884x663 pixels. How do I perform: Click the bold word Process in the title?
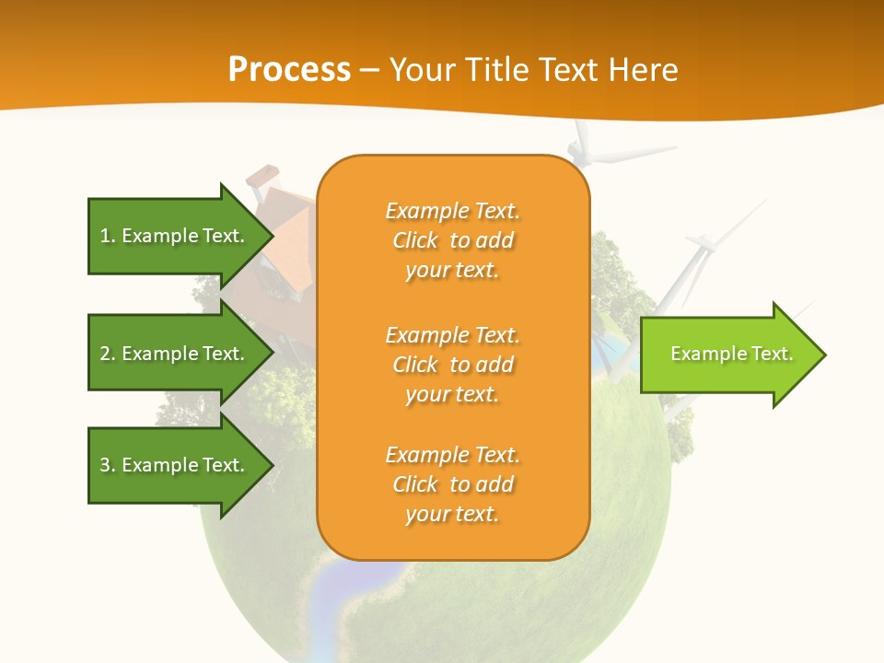click(x=289, y=70)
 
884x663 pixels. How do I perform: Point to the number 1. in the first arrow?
click(x=107, y=236)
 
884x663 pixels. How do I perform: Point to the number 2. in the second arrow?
click(x=107, y=354)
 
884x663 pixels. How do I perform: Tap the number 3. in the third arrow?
click(x=107, y=465)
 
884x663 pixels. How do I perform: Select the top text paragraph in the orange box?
click(x=452, y=240)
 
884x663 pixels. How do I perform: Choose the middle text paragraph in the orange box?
click(x=452, y=365)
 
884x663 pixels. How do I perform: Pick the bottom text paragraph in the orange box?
click(x=452, y=484)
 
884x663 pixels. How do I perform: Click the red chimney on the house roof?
click(x=263, y=176)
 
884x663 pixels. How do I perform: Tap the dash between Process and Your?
click(x=369, y=70)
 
